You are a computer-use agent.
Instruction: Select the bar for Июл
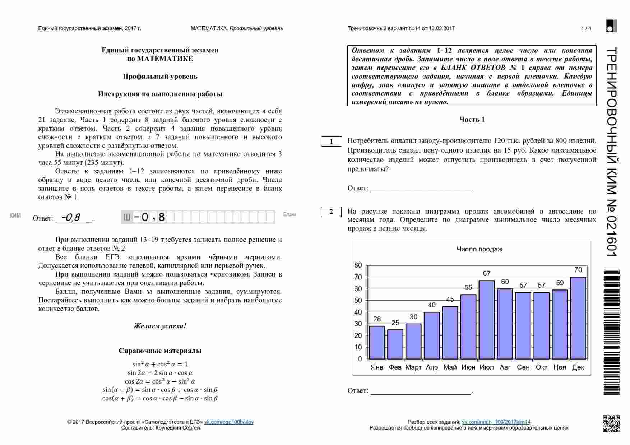click(x=487, y=320)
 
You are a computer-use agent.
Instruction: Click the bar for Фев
click(x=395, y=344)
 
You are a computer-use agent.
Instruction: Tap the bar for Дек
click(x=578, y=318)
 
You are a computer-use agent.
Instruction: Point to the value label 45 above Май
click(x=450, y=299)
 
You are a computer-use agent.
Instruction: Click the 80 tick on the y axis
click(x=358, y=265)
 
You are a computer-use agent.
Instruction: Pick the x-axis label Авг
click(x=505, y=367)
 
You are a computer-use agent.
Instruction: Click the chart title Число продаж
click(x=479, y=249)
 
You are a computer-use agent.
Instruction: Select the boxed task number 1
click(x=331, y=142)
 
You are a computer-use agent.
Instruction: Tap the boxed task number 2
click(x=331, y=212)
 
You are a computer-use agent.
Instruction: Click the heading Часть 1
click(x=472, y=120)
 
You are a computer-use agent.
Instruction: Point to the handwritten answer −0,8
click(x=71, y=217)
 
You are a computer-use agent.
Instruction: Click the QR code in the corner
click(x=611, y=423)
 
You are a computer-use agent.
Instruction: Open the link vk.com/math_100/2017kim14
click(x=496, y=422)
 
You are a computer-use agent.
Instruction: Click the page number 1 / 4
click(x=586, y=28)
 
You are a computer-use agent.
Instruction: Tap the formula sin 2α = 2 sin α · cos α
click(x=160, y=373)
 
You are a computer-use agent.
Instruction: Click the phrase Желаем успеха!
click(x=160, y=326)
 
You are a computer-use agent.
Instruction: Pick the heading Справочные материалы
click(x=160, y=351)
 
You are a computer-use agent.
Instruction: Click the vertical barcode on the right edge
click(x=611, y=332)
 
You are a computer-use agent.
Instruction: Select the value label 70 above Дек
click(x=578, y=270)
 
